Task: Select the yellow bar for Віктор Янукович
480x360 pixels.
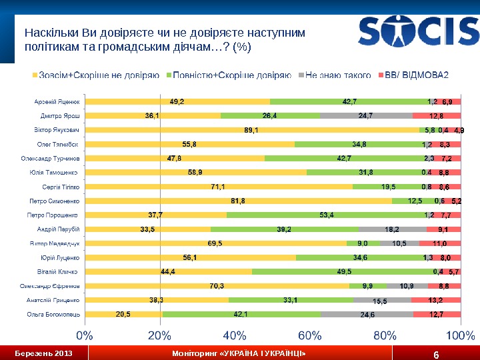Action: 251,130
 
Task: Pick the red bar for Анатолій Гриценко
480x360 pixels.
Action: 436,300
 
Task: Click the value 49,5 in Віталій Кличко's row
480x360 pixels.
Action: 345,271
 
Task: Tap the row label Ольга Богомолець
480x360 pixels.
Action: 54,314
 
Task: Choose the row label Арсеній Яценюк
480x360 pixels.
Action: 57,102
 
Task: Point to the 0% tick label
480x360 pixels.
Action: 85,333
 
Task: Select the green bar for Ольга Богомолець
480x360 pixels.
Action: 241,314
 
